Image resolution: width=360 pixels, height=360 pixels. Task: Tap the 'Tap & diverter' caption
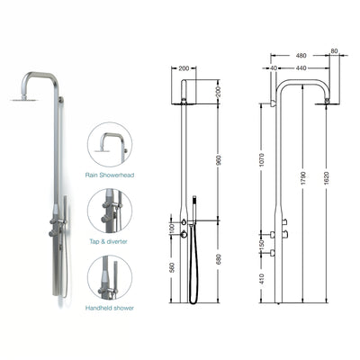[109, 240]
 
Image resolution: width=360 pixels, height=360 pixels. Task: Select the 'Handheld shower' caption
[109, 309]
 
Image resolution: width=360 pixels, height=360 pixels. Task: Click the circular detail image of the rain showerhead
[110, 144]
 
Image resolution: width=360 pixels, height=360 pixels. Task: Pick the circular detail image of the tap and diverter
[110, 211]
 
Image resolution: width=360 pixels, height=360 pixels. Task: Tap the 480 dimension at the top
[302, 56]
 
